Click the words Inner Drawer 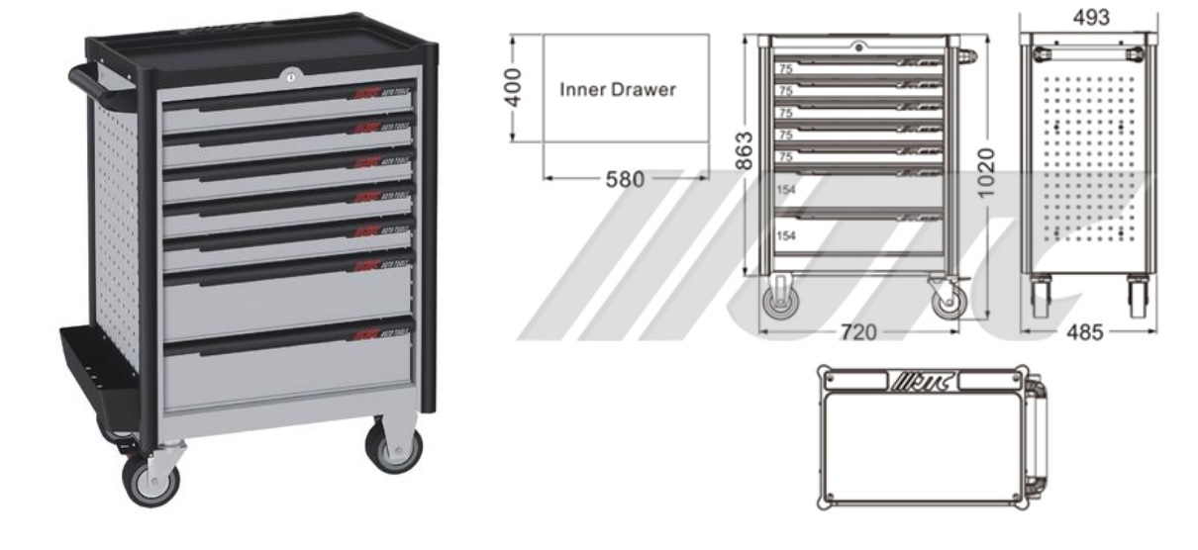[x=618, y=89]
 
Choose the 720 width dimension [x=857, y=333]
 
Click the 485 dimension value [x=1089, y=333]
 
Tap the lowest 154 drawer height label [x=785, y=235]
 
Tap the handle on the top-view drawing [x=1037, y=435]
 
